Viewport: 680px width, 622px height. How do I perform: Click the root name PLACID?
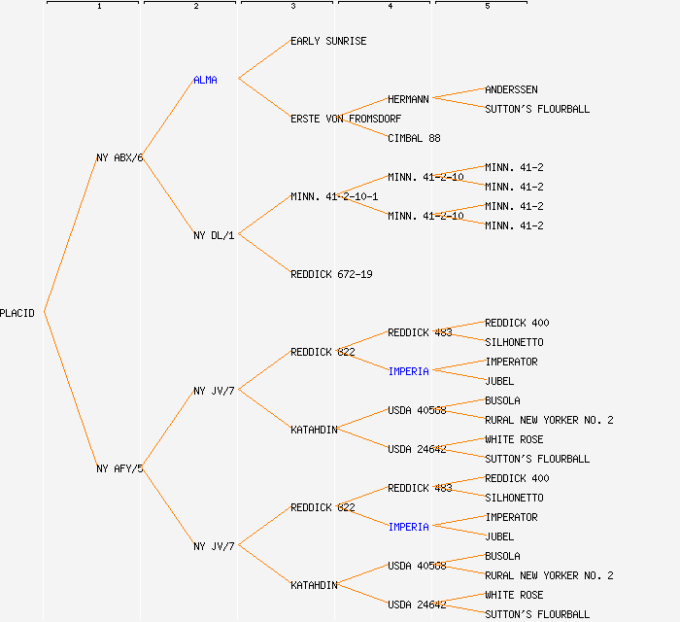coord(17,313)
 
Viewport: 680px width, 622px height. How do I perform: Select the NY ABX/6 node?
coord(119,157)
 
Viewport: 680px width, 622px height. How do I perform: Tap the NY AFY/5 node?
coord(119,468)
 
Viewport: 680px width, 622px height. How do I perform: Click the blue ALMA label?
coord(205,80)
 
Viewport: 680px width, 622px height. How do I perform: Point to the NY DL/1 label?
coord(214,235)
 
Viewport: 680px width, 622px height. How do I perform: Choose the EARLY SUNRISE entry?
coord(328,42)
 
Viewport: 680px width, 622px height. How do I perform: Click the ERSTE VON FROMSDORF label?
coord(346,119)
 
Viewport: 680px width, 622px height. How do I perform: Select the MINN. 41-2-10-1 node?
coord(334,196)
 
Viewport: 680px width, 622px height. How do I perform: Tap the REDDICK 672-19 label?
coord(331,274)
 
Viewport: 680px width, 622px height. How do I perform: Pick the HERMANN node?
coord(408,99)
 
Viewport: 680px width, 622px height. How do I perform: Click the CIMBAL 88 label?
coord(414,138)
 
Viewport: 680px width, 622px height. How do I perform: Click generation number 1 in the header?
coord(98,7)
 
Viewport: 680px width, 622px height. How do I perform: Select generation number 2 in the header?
coord(195,7)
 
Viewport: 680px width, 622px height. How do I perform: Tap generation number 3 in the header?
coord(292,7)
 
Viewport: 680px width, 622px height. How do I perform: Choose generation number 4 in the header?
coord(390,7)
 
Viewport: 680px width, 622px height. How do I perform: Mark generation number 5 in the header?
coord(487,7)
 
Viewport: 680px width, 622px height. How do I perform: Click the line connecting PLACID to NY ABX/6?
coord(70,234)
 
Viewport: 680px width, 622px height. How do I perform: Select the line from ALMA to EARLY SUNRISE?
coord(263,60)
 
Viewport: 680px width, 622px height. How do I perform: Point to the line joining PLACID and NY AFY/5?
coord(70,391)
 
